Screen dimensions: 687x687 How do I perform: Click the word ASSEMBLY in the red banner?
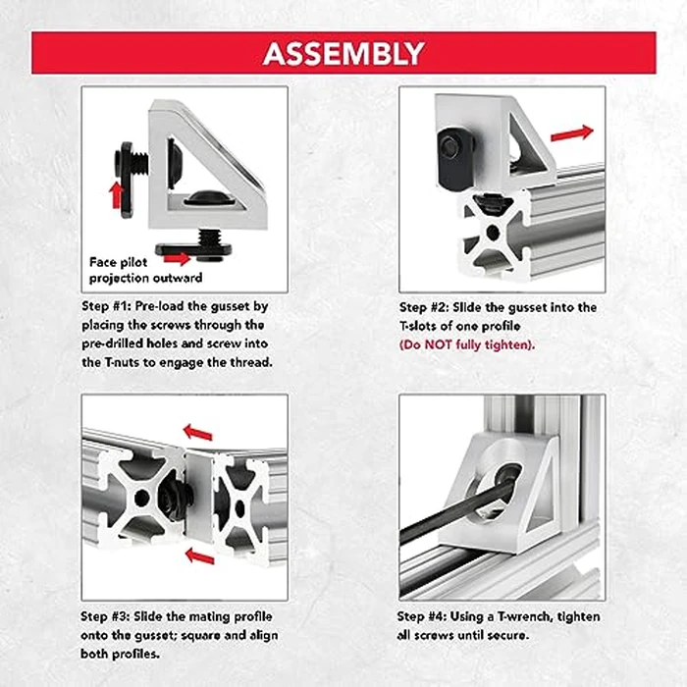(343, 53)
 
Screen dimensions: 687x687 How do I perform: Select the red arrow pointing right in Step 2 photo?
(572, 132)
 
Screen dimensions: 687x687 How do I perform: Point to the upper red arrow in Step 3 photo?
(197, 432)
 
